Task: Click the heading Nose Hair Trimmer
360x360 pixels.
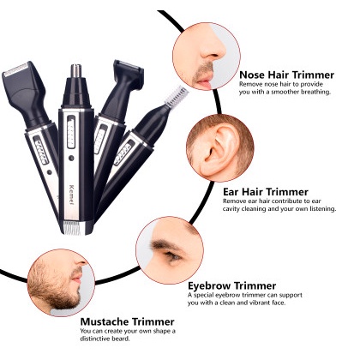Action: pos(286,75)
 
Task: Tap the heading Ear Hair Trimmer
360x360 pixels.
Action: pos(266,192)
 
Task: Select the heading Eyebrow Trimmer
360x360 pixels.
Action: pos(231,285)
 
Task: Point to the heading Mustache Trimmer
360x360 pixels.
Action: pos(127,321)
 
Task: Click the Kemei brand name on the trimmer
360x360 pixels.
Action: pos(71,195)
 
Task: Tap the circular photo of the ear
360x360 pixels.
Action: pos(219,148)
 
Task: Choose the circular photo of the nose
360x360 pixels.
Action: pos(207,57)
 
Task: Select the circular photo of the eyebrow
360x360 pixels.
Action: pos(170,250)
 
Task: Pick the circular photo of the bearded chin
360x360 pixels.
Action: pos(61,283)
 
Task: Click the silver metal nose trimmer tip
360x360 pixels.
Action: pos(75,71)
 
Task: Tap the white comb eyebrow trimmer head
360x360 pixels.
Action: pos(177,95)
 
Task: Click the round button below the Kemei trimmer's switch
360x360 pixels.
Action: pos(71,158)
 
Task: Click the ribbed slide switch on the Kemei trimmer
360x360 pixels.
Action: pos(71,132)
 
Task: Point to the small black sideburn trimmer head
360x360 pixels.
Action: pos(129,74)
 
